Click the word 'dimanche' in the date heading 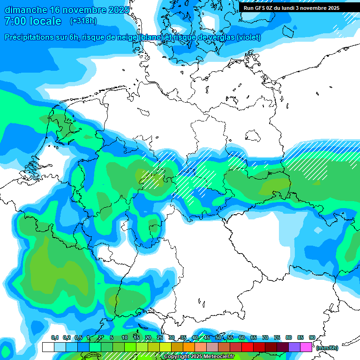[x=24, y=10]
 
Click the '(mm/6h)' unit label [x=327, y=348]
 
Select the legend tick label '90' [x=312, y=338]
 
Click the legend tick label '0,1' [x=54, y=338]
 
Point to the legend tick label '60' [x=241, y=338]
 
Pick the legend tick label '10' [x=125, y=338]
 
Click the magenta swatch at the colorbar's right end [x=306, y=347]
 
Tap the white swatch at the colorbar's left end [x=48, y=347]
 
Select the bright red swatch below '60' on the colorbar [x=247, y=347]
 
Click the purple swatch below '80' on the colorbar [x=294, y=347]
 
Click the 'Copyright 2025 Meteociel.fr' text [x=199, y=357]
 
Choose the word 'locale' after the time [x=45, y=21]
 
